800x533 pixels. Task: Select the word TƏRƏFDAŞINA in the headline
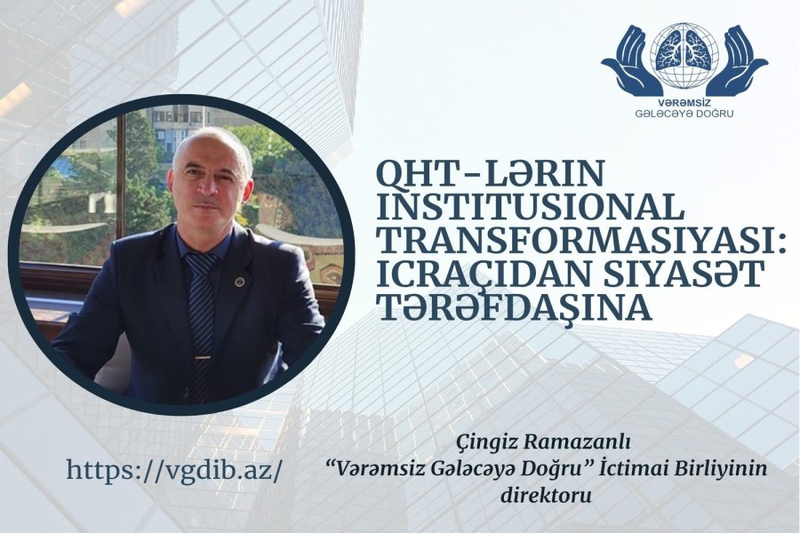coord(514,308)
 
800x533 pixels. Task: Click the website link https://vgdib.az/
coord(173,470)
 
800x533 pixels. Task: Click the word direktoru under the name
coord(546,494)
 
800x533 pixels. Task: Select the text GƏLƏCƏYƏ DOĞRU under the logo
coord(684,113)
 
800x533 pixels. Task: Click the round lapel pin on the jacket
coord(238,281)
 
